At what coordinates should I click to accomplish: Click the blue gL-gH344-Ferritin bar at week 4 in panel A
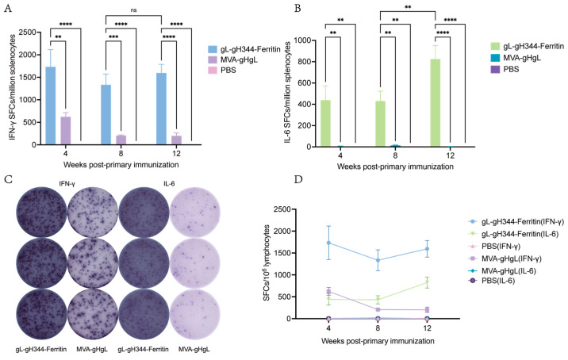pos(51,105)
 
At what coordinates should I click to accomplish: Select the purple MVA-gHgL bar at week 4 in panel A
pos(66,131)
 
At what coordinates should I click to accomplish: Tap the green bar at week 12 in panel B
pos(435,103)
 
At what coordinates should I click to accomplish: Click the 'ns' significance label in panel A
pos(133,10)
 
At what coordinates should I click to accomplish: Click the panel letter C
pos(7,180)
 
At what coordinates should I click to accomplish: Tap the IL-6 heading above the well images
pos(169,184)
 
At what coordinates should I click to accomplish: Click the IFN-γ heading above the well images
pos(67,184)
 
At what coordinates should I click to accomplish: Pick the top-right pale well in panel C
pos(194,213)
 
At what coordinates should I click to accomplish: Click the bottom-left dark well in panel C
pos(42,314)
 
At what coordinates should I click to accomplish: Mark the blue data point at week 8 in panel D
pos(378,260)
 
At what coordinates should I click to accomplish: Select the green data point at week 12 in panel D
pos(427,282)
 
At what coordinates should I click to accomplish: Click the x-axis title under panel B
pos(395,167)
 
